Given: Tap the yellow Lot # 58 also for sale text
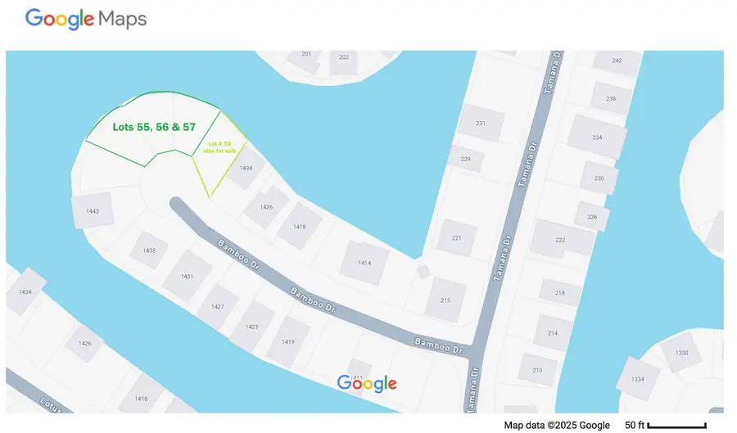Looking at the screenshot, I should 219,148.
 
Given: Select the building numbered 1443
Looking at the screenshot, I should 92,211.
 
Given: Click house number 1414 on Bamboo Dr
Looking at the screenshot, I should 364,263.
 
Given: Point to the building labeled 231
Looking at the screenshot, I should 481,124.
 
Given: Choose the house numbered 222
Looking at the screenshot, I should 560,240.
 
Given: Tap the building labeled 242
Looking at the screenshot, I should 617,61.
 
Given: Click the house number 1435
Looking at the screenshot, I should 149,250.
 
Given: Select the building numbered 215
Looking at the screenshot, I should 445,300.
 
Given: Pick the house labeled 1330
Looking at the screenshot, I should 682,353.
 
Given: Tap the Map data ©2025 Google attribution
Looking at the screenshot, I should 557,425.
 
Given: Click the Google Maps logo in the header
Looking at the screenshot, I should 86,19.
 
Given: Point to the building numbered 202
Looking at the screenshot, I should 344,57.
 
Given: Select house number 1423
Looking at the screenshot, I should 251,327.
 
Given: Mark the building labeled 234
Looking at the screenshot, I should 597,138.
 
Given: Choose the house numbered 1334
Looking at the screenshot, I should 638,380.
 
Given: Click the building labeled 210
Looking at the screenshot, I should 537,370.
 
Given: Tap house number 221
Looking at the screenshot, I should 457,238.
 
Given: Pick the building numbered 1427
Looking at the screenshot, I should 217,306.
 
